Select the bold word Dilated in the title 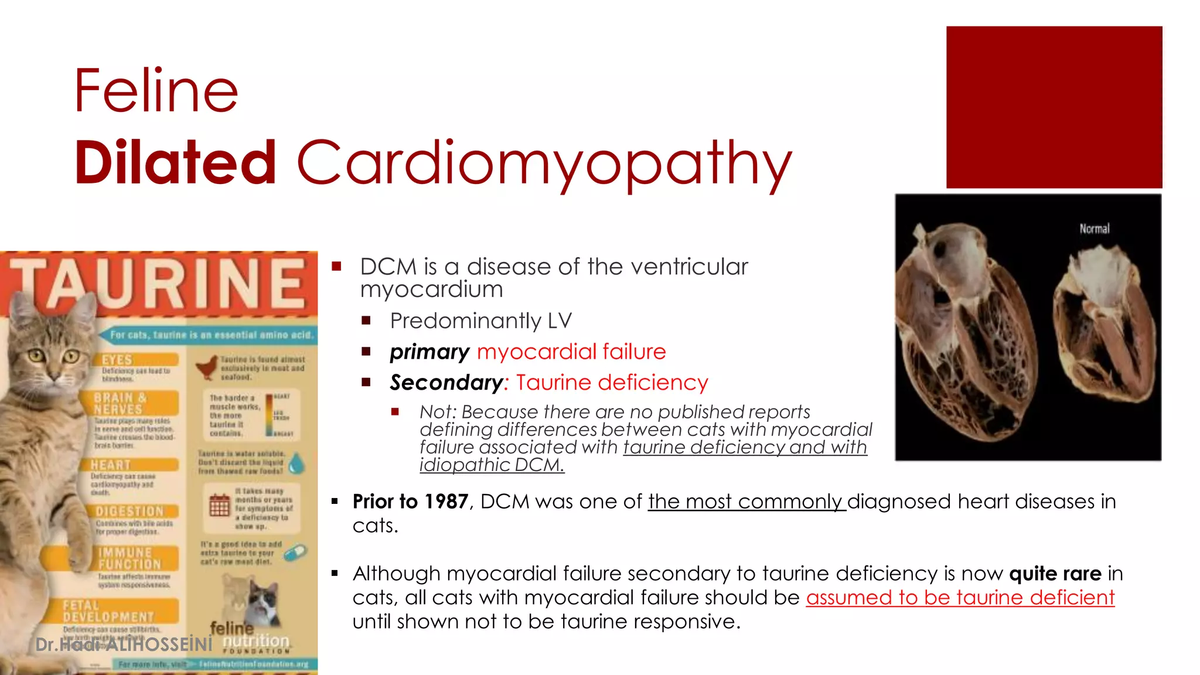tap(175, 162)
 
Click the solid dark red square tap(1054, 107)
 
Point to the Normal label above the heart tap(1094, 229)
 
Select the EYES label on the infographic tap(117, 360)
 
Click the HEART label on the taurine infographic tap(111, 465)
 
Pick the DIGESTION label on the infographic tap(129, 511)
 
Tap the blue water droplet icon tap(298, 463)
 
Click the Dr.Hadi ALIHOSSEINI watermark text tap(124, 645)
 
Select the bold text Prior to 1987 tap(410, 502)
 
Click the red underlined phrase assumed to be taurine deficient tap(960, 598)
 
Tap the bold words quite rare tap(1055, 574)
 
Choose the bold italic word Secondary tap(446, 383)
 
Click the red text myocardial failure tap(571, 352)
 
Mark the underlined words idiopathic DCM tap(492, 465)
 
